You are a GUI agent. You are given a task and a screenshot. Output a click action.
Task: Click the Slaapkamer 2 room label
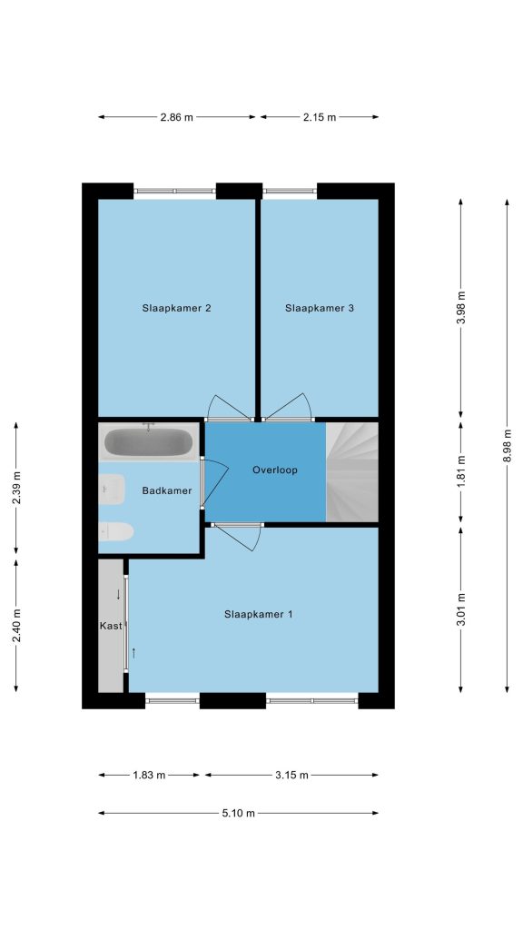point(176,308)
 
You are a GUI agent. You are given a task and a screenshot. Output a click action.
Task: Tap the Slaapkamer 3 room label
point(319,308)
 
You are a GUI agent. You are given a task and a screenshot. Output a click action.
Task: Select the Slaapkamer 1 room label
point(258,614)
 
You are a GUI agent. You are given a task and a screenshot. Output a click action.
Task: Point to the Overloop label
point(274,470)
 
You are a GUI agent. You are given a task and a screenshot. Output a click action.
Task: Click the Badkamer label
point(167,490)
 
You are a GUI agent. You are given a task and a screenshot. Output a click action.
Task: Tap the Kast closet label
point(111,626)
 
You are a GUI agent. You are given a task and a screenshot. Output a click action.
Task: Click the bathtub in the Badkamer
point(149,442)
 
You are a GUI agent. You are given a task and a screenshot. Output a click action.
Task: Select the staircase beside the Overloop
point(351,472)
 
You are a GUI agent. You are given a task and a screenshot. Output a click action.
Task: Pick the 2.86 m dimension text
point(176,117)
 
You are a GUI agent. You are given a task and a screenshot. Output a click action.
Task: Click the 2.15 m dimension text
point(319,117)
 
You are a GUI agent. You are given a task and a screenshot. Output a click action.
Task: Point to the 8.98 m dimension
point(507,446)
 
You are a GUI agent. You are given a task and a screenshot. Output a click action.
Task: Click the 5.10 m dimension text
point(239,813)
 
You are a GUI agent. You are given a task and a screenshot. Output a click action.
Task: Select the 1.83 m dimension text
point(150,775)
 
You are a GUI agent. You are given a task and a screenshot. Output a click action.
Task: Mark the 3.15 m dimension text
point(291,775)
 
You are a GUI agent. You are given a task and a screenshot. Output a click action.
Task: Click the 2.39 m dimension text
point(16,488)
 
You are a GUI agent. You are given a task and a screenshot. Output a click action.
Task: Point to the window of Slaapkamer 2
point(174,191)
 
